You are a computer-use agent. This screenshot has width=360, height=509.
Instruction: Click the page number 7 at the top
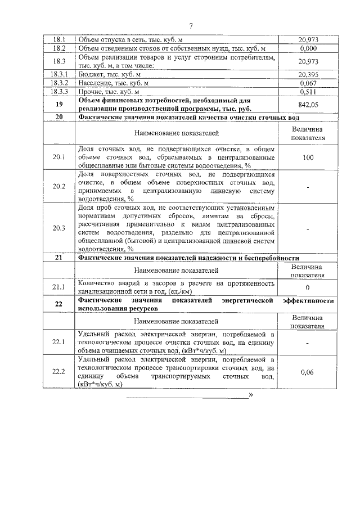pos(191,26)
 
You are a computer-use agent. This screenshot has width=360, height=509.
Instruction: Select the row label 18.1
pos(60,40)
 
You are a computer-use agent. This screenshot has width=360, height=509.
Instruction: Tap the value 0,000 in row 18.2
pos(307,49)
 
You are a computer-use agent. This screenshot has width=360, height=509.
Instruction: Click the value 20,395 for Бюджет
pos(307,74)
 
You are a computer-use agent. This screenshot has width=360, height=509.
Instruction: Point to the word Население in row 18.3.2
pos(94,83)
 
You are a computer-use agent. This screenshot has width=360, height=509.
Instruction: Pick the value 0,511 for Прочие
pos(307,91)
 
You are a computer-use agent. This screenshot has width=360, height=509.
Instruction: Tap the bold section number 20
pos(60,117)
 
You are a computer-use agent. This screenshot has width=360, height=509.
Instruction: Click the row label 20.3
pos(60,228)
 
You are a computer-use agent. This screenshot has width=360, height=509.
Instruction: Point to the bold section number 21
pos(60,258)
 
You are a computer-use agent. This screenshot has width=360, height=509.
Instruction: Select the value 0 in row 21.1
pos(307,287)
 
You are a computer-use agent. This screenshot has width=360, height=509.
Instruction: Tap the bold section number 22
pos(60,304)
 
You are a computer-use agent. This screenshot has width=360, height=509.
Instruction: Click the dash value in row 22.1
pos(307,342)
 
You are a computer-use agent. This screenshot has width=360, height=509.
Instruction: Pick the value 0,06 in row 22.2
pos(307,372)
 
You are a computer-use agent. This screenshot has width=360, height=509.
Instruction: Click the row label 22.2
pos(60,372)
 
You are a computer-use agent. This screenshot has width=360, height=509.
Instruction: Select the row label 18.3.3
pos(60,91)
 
